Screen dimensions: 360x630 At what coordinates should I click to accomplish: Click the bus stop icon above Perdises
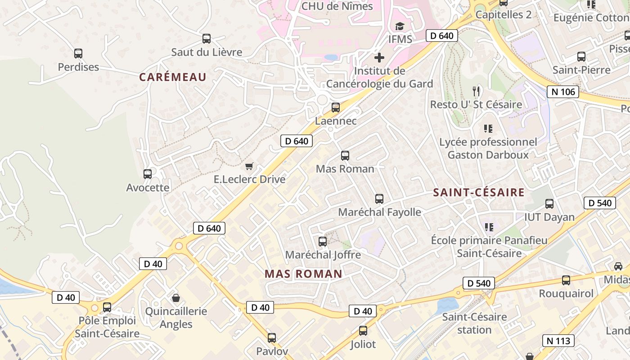point(78,54)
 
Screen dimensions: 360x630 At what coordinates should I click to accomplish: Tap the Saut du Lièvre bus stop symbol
point(207,39)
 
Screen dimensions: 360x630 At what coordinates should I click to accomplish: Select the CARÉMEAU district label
point(172,77)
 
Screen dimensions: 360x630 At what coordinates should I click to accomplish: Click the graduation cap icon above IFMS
point(400,27)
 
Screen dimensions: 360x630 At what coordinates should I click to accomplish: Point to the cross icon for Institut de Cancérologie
point(379,58)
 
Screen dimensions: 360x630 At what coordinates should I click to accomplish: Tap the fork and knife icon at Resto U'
point(476,91)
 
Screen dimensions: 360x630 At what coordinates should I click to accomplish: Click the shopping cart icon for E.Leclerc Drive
point(249,166)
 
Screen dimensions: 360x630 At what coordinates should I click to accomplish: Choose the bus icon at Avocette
point(148,174)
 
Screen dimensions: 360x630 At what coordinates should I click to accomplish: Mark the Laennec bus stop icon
point(336,108)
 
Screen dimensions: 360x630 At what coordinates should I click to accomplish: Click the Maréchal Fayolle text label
point(379,212)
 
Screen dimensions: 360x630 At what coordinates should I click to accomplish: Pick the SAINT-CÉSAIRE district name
point(479,193)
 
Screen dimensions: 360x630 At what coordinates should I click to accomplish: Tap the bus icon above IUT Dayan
point(549,204)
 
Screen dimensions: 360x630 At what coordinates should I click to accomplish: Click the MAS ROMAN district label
point(303,274)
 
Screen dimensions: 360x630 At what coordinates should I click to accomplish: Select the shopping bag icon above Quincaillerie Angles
point(176,298)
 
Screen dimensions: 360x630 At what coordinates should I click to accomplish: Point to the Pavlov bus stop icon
point(272,338)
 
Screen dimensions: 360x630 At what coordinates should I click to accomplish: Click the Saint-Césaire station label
point(474,323)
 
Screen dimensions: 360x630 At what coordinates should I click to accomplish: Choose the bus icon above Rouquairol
point(566,280)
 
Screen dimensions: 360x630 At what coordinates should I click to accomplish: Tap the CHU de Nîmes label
point(337,6)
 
